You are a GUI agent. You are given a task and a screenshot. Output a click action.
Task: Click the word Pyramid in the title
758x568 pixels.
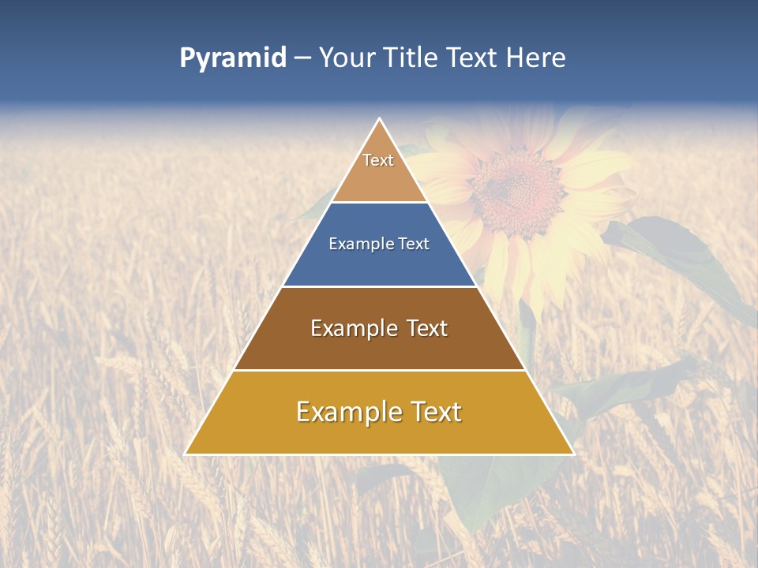[x=233, y=58]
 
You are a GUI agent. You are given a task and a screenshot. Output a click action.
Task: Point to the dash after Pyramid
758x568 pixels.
[x=302, y=58]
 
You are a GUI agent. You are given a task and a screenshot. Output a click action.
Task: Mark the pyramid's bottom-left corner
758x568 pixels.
[x=186, y=454]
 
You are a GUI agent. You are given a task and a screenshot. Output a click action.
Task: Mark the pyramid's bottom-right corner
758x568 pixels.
[x=572, y=454]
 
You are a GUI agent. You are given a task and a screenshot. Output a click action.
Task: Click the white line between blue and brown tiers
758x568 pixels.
[x=379, y=286]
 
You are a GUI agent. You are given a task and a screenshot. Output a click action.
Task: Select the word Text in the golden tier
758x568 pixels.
[x=434, y=412]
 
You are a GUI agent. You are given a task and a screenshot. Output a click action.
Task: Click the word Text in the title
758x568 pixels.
[x=471, y=58]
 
